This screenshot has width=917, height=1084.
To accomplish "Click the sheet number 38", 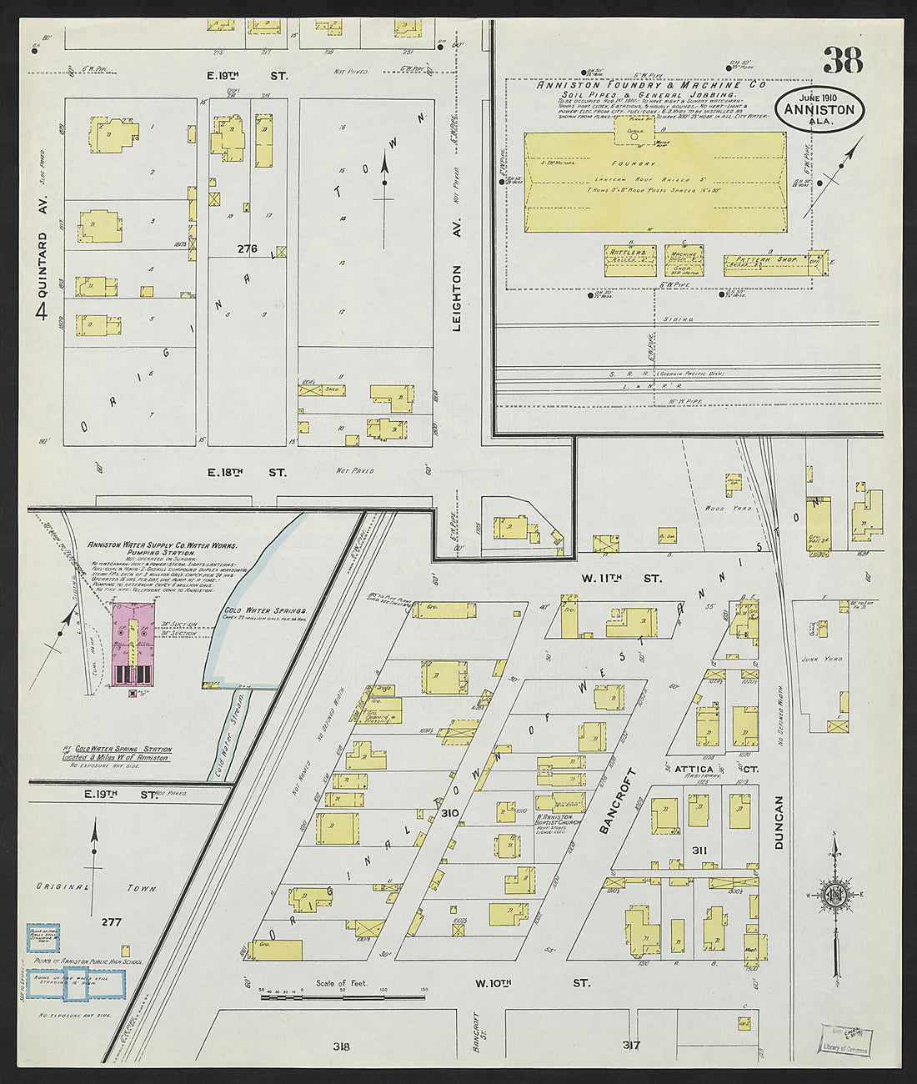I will click(x=843, y=60).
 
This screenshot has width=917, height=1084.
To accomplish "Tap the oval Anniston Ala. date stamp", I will click(x=819, y=109).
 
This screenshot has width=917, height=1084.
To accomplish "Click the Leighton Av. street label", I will click(x=456, y=299).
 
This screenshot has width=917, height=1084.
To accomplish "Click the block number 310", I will click(x=451, y=812).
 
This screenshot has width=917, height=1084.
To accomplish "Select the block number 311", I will click(x=699, y=849).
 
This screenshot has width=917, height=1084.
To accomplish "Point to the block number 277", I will click(x=112, y=921).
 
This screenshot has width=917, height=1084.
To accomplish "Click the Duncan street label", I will click(x=779, y=822).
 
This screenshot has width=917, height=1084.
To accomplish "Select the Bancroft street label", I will click(x=619, y=800).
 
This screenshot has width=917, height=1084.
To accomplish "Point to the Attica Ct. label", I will click(x=704, y=768).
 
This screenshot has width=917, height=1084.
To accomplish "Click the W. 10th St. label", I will click(x=533, y=983).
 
